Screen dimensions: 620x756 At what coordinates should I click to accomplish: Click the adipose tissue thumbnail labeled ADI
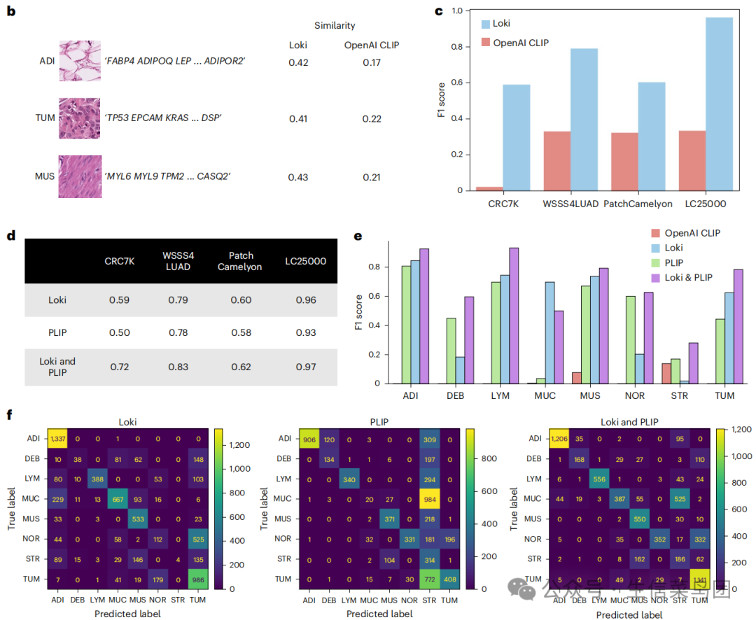pos(80,61)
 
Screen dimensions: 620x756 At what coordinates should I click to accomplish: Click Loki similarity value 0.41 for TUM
pos(298,119)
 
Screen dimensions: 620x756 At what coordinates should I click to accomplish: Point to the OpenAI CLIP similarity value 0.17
pos(372,62)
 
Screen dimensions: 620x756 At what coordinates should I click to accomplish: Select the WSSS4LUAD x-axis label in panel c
pos(568,204)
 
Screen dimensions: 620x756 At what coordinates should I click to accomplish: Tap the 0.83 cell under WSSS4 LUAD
pos(178,366)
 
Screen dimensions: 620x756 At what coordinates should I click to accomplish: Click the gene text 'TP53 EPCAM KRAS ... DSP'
pos(163,118)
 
